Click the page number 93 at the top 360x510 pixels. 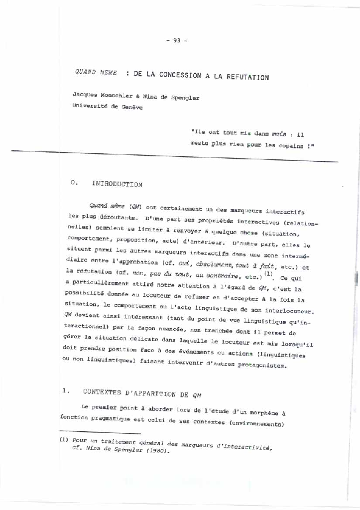click(x=177, y=41)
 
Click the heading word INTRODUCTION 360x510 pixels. click(x=118, y=184)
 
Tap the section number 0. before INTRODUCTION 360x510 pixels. click(x=73, y=182)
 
